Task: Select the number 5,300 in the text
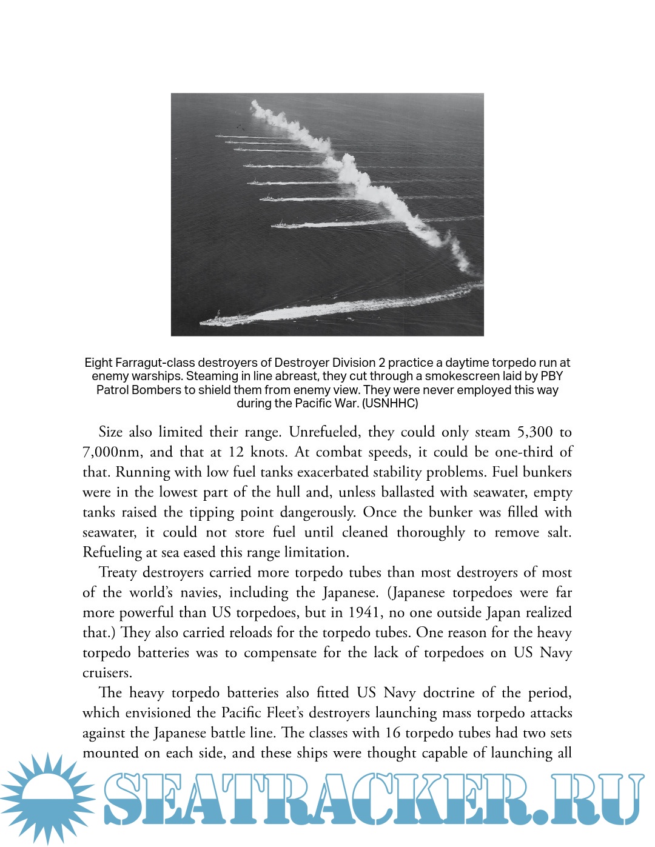[534, 432]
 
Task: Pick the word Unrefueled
[323, 432]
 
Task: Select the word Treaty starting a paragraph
[118, 572]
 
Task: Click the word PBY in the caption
[551, 377]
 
